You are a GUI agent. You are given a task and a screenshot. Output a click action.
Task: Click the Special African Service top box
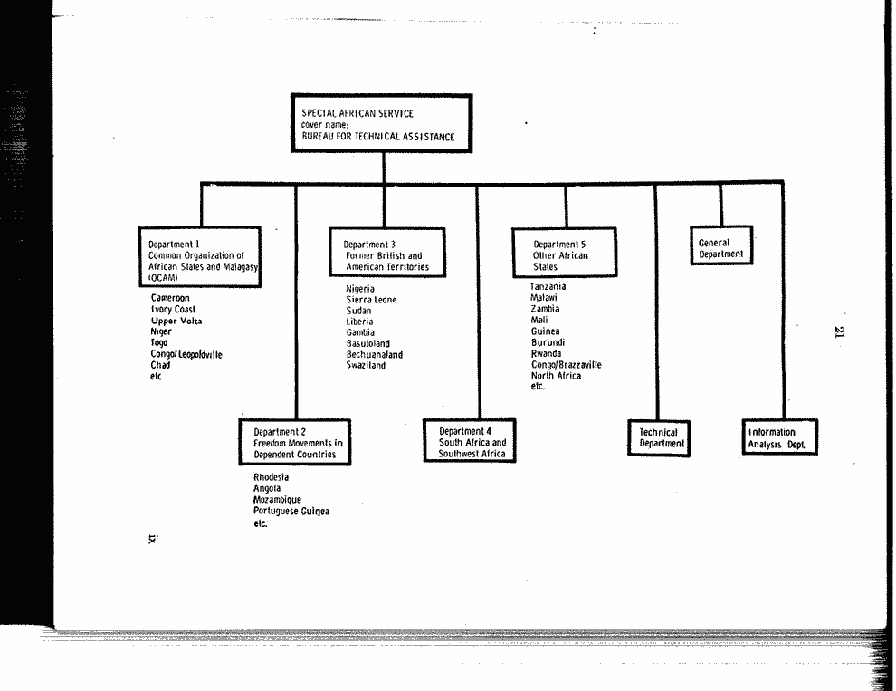pos(382,123)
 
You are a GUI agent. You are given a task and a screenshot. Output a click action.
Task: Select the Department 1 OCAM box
pos(200,257)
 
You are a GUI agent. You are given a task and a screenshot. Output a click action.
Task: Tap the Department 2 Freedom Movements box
pos(295,442)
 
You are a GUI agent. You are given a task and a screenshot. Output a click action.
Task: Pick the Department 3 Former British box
pos(387,253)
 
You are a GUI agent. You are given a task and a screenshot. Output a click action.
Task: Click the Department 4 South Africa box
pos(470,440)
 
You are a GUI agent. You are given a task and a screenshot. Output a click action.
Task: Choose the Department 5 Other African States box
pos(565,253)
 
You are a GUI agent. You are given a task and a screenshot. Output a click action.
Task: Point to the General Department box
pos(721,245)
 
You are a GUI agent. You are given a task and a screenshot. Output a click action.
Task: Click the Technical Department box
pos(659,438)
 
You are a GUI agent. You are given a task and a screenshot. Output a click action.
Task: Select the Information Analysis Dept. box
pos(780,437)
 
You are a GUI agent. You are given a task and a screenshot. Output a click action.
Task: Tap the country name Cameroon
pos(170,297)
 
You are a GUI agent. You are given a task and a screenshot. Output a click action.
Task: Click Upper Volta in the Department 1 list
pos(176,321)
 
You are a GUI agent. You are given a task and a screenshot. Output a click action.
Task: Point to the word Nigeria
pos(360,288)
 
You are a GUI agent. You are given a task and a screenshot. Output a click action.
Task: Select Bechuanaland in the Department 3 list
pos(375,354)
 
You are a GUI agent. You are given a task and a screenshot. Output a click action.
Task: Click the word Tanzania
pos(548,286)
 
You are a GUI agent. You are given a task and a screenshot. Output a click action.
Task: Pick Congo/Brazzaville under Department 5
pos(567,364)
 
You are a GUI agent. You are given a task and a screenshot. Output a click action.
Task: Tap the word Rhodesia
pos(271,477)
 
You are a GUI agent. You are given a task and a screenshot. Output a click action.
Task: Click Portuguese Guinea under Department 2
pos(291,511)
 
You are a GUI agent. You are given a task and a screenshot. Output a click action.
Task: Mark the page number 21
pos(839,331)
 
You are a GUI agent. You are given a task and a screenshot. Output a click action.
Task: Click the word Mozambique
pos(277,499)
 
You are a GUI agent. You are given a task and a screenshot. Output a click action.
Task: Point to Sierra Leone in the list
pos(371,299)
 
